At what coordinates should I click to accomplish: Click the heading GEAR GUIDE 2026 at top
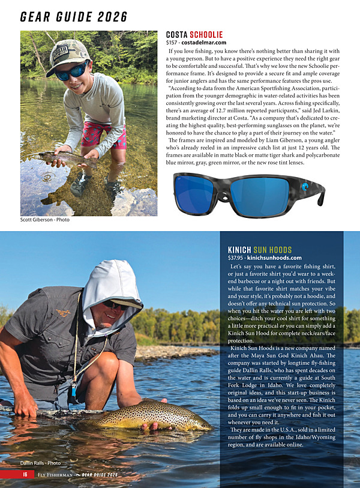[x=74, y=16]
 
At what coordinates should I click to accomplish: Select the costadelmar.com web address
[x=205, y=43]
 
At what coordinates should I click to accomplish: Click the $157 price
[x=172, y=43]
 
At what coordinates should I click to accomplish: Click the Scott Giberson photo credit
[x=45, y=220]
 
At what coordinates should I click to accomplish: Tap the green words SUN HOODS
[x=272, y=250]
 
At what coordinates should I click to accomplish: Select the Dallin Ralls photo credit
[x=41, y=463]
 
